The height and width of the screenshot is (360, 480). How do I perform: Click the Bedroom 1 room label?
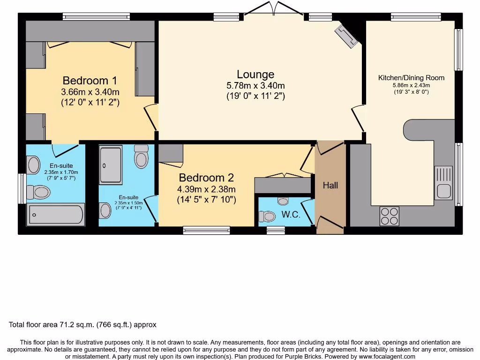click(90, 80)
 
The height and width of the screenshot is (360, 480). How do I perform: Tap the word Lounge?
click(255, 75)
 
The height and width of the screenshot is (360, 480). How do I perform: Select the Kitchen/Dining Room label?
click(411, 78)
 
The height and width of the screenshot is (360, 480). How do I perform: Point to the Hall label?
click(330, 186)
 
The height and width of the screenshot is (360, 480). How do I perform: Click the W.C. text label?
click(291, 215)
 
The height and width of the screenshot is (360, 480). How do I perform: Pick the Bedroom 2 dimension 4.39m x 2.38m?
click(206, 189)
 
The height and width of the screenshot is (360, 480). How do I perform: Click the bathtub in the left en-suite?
click(56, 215)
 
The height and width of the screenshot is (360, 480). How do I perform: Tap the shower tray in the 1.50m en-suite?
click(111, 165)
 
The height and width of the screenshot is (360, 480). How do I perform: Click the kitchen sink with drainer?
click(443, 183)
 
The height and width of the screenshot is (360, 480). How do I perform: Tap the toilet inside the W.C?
click(268, 216)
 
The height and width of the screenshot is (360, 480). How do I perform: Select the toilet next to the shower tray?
click(141, 157)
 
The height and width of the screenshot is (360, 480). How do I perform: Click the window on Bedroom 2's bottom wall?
click(206, 230)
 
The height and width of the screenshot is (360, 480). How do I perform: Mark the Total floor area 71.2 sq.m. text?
click(82, 324)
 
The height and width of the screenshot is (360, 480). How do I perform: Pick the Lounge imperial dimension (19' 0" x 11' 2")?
click(255, 96)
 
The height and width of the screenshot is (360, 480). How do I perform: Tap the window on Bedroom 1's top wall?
click(96, 17)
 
